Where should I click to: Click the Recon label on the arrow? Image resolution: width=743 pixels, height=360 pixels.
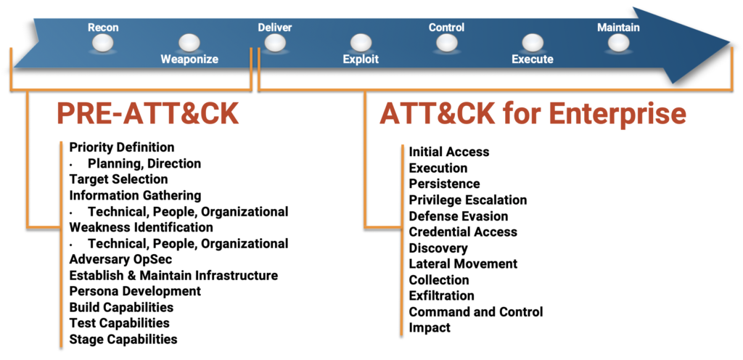(103, 28)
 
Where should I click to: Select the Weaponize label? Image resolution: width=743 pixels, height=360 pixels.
(189, 60)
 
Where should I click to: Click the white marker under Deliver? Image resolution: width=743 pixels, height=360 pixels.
(275, 44)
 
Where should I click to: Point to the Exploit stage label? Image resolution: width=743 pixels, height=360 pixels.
(361, 60)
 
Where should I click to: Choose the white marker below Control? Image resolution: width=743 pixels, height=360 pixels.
(446, 44)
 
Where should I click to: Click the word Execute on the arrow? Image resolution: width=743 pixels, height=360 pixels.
(533, 60)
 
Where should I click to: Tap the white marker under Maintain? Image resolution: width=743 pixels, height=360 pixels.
(618, 44)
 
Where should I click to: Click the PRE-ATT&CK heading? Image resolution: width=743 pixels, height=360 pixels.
(149, 114)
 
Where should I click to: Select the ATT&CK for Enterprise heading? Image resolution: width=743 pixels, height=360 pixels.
(533, 114)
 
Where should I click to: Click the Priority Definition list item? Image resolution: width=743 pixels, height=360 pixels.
(122, 147)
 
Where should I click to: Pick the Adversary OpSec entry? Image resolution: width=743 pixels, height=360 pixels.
(121, 260)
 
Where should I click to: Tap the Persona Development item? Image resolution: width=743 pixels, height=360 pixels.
(135, 291)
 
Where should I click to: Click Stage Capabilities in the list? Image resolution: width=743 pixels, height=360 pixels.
(123, 339)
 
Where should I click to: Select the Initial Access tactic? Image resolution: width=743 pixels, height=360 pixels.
(449, 152)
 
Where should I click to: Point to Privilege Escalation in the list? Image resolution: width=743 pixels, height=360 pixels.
(468, 200)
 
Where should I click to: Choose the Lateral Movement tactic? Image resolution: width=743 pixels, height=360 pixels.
(463, 263)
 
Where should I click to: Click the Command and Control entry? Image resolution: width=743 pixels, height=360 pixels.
(476, 311)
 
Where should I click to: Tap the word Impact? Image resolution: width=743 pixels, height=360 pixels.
(430, 327)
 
